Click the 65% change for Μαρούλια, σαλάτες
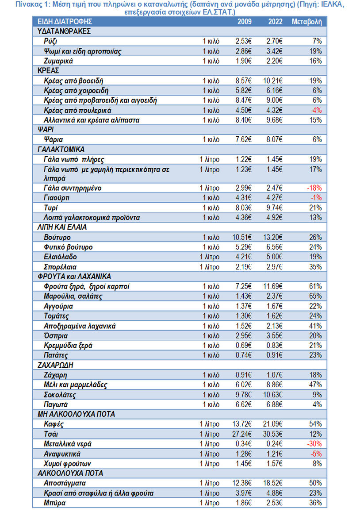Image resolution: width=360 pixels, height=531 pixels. pos(316,296)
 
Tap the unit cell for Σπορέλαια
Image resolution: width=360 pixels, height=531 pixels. pos(210,267)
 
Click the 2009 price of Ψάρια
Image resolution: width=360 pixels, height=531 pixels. pos(244,139)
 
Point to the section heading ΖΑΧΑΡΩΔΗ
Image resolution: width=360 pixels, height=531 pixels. pos(54,365)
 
